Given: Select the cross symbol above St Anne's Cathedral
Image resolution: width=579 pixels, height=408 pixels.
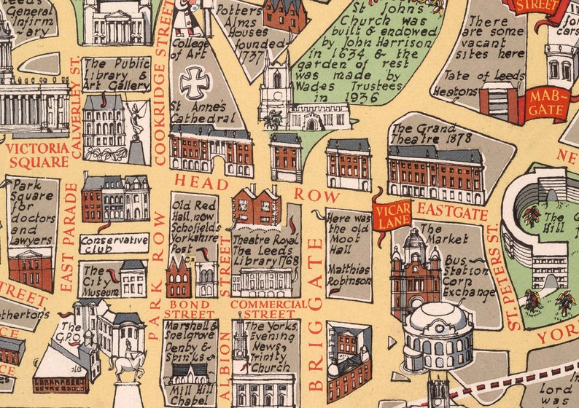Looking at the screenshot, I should [x=195, y=82].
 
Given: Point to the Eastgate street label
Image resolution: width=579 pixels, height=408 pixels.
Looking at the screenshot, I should [x=442, y=212].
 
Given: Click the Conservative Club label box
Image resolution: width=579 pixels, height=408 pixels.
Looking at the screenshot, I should [x=114, y=243].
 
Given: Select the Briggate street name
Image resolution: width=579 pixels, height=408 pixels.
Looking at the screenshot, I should [x=315, y=313].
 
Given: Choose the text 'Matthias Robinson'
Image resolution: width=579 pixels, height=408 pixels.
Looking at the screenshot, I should [x=349, y=274].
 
